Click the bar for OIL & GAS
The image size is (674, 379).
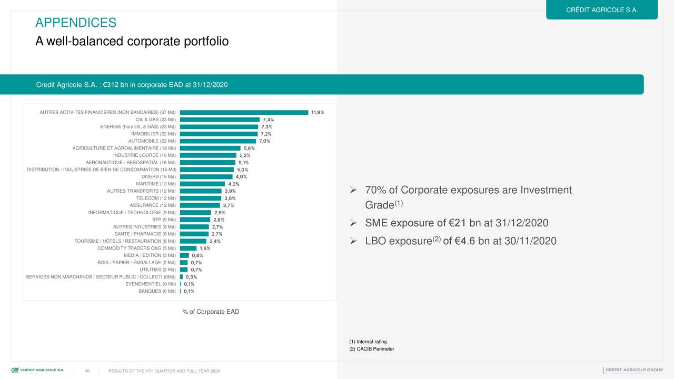tap(220, 119)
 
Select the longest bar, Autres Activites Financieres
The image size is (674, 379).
tap(244, 112)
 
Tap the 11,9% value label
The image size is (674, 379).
tap(318, 112)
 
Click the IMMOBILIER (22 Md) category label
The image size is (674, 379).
tap(153, 134)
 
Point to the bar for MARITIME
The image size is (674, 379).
tap(202, 184)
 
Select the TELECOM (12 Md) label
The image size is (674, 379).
tap(156, 198)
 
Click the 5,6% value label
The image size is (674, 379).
tap(249, 148)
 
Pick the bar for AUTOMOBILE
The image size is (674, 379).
tap(217, 141)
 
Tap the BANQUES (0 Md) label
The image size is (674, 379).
tap(157, 291)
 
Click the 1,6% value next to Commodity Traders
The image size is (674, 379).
tap(205, 248)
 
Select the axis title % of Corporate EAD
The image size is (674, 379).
tap(211, 312)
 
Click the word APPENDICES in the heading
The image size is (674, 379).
tap(76, 23)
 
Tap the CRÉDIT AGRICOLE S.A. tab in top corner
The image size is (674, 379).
tap(601, 10)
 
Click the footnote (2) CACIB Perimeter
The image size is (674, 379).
tap(371, 349)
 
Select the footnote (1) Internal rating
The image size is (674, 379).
tap(368, 342)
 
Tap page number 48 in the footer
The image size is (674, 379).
tap(87, 371)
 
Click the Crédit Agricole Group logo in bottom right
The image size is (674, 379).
tap(633, 370)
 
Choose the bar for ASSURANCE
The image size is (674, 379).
tap(200, 205)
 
